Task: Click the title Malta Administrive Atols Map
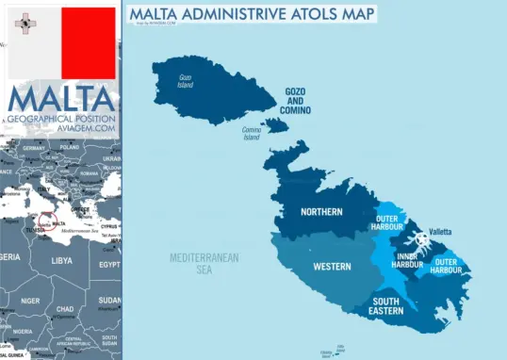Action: [x=251, y=13]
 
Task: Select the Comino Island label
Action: [x=252, y=134]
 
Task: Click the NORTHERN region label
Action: [x=321, y=212]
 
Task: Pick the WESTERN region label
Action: [x=331, y=267]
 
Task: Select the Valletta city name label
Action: [x=440, y=232]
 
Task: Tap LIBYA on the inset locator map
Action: [x=61, y=260]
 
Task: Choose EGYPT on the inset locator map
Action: [x=109, y=266]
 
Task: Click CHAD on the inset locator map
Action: [x=65, y=309]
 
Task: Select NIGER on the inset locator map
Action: [x=30, y=301]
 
